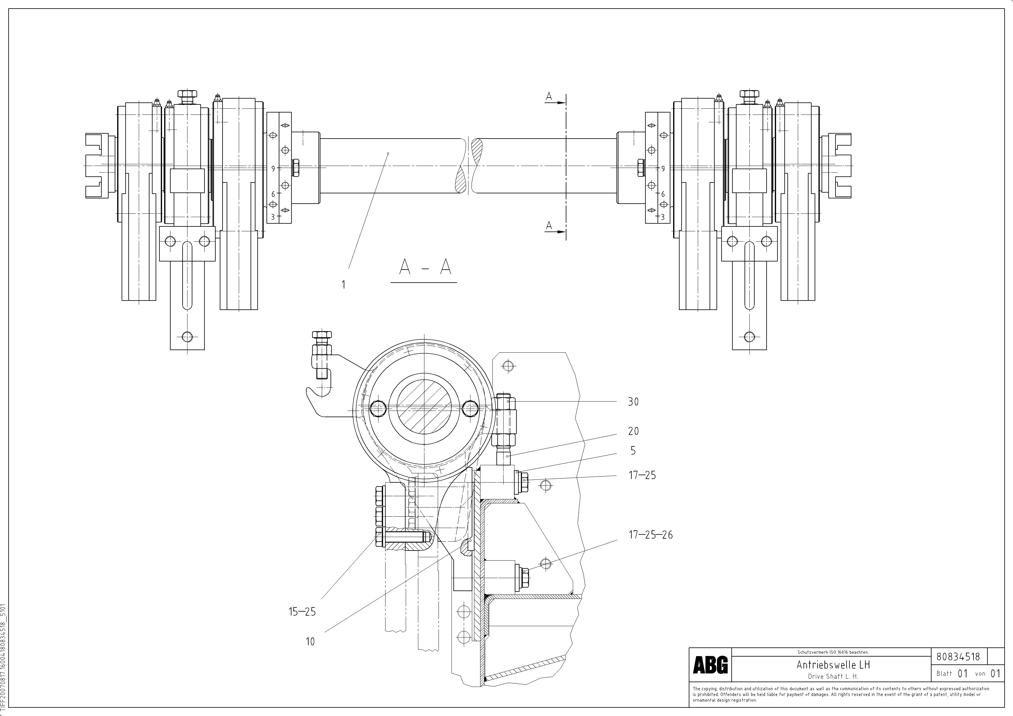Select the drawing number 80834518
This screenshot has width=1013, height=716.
(958, 656)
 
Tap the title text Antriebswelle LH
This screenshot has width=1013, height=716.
(833, 664)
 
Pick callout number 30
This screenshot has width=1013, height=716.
(633, 402)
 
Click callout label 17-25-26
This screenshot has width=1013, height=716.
(650, 535)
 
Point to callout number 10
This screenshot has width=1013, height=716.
(310, 641)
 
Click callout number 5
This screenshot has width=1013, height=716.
(633, 451)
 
